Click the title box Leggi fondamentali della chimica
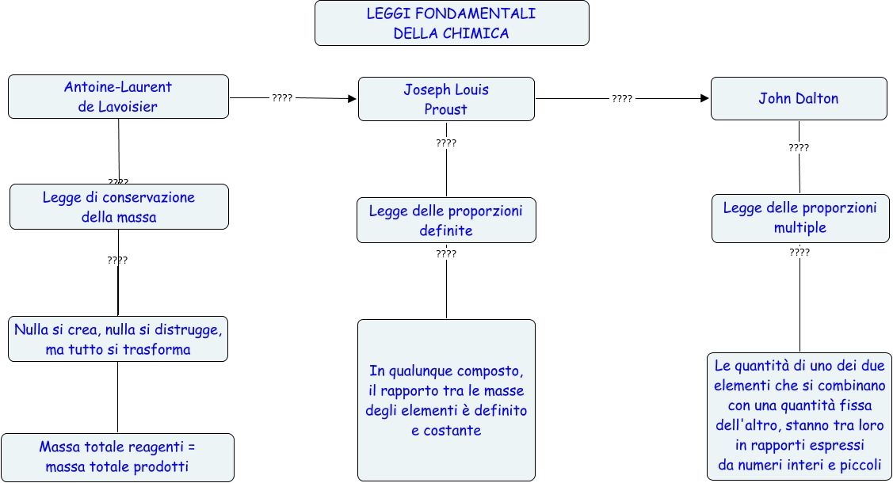452,24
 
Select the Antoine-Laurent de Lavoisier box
118,97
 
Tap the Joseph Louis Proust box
446,99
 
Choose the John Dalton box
798,98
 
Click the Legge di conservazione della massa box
119,207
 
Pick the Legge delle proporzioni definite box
446,220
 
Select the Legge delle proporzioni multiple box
800,218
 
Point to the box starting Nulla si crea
118,339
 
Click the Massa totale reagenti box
117,457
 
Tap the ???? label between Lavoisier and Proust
282,97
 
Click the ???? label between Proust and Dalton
622,99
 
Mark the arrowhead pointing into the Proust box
353,99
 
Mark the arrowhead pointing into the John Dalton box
704,98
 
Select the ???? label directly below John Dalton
799,148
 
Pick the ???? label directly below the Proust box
446,143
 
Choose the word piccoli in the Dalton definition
861,465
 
